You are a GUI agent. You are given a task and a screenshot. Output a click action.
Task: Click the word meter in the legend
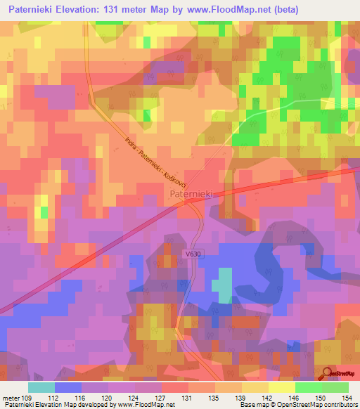[10, 397]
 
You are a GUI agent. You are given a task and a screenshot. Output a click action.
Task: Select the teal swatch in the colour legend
[41, 387]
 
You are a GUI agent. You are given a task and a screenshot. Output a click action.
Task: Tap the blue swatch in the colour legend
[67, 387]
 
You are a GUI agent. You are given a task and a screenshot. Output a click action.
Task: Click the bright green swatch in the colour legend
[308, 387]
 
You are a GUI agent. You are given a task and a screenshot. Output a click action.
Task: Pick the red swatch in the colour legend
[175, 387]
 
